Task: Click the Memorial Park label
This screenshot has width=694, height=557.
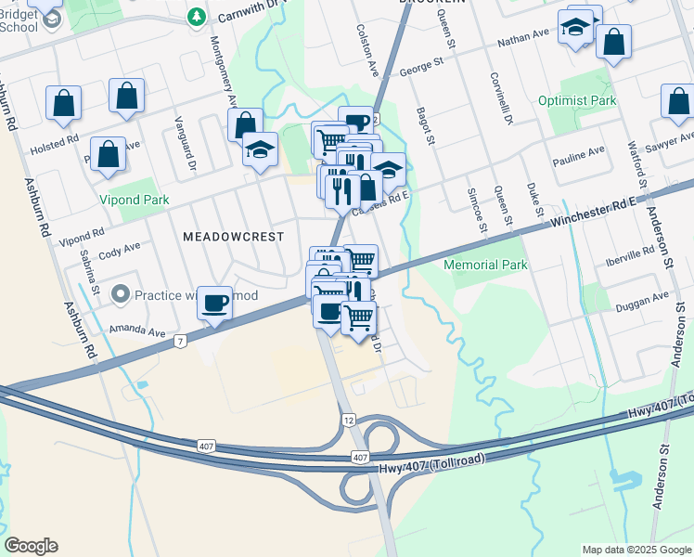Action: pos(485,266)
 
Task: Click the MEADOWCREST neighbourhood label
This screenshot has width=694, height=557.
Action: pos(233,237)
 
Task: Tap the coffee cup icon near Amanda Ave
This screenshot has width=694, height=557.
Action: pos(215,303)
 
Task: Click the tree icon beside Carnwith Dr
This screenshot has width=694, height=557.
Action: pos(197,17)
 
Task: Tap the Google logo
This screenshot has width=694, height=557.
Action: pos(31,546)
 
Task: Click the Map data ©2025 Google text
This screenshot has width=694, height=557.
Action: pos(636,550)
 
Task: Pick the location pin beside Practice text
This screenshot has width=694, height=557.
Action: pos(120,295)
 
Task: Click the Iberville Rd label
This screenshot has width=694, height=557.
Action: pos(629,253)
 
